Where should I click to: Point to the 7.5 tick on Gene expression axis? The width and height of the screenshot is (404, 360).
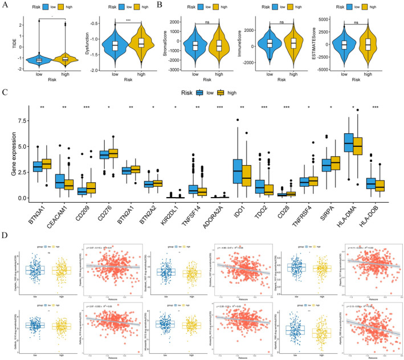click(x=21, y=121)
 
